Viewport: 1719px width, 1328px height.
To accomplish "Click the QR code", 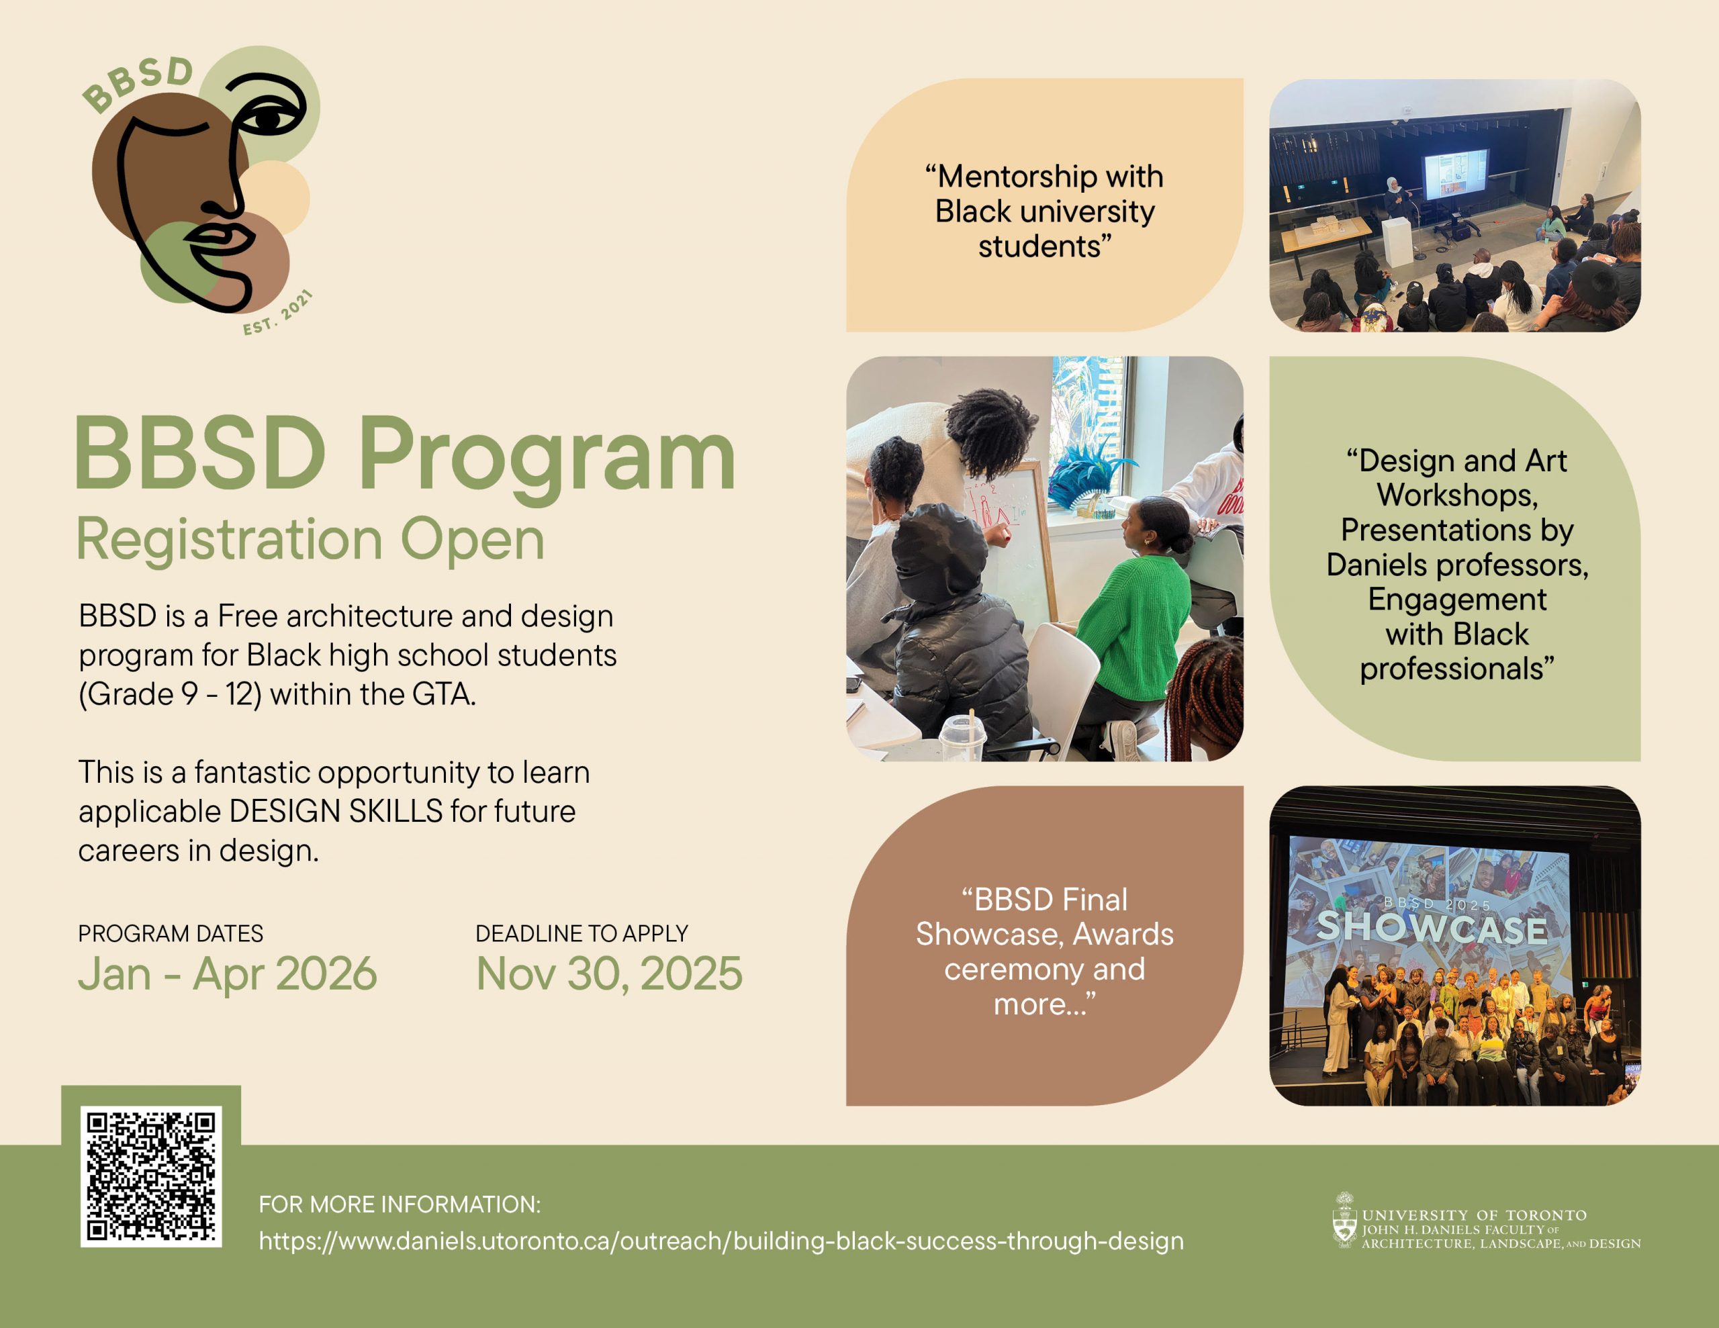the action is (x=150, y=1176).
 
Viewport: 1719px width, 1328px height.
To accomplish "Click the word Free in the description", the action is (x=247, y=616).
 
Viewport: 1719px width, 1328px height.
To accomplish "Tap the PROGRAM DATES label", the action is (x=171, y=934).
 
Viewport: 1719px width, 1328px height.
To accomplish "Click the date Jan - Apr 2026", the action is (x=228, y=974).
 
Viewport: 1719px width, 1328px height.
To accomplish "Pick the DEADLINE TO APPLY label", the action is (x=582, y=934).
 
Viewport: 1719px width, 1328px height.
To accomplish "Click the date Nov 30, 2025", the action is (x=609, y=974).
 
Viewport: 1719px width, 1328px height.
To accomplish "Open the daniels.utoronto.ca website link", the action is (x=721, y=1241).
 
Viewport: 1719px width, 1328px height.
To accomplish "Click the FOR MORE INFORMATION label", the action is (x=400, y=1204).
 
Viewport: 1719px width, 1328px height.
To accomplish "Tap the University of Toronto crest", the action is (x=1344, y=1221).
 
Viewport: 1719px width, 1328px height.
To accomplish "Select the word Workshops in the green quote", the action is (x=1457, y=495).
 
